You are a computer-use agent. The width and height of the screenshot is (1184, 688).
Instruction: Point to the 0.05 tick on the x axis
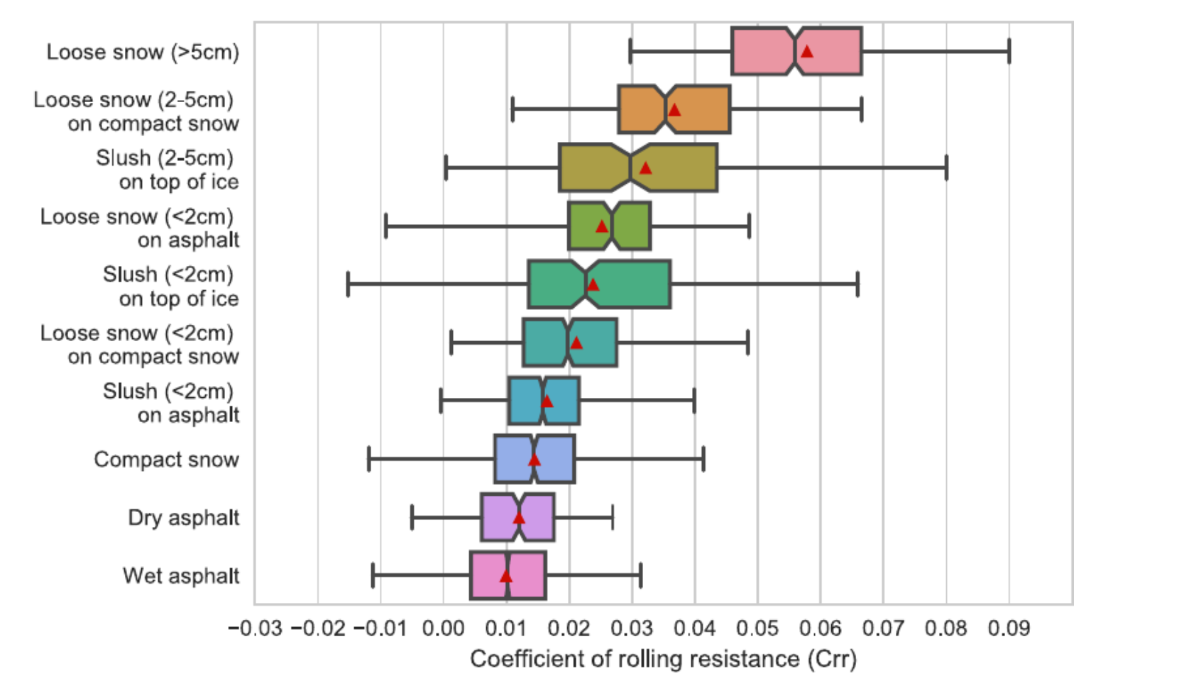757,628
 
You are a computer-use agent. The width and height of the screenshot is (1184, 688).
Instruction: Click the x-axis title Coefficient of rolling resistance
663,659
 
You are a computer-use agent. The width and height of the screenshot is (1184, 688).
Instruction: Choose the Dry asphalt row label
183,518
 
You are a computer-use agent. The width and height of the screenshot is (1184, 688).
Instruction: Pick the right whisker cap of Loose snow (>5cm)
1009,51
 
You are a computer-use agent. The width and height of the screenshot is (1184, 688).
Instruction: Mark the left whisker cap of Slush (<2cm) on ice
348,284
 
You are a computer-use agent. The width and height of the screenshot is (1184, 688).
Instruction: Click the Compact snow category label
166,460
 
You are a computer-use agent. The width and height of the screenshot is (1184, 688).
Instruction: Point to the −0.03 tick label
255,628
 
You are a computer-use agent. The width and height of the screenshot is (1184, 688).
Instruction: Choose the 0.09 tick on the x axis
1009,628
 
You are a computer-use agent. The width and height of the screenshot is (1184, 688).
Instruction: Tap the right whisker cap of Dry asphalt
613,518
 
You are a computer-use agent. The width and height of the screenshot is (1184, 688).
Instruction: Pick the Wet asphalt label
180,576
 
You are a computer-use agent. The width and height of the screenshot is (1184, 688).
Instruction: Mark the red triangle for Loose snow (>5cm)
807,51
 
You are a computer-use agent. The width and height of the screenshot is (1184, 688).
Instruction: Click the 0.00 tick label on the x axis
443,628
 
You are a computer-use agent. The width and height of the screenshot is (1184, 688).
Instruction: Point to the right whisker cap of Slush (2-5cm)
946,167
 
